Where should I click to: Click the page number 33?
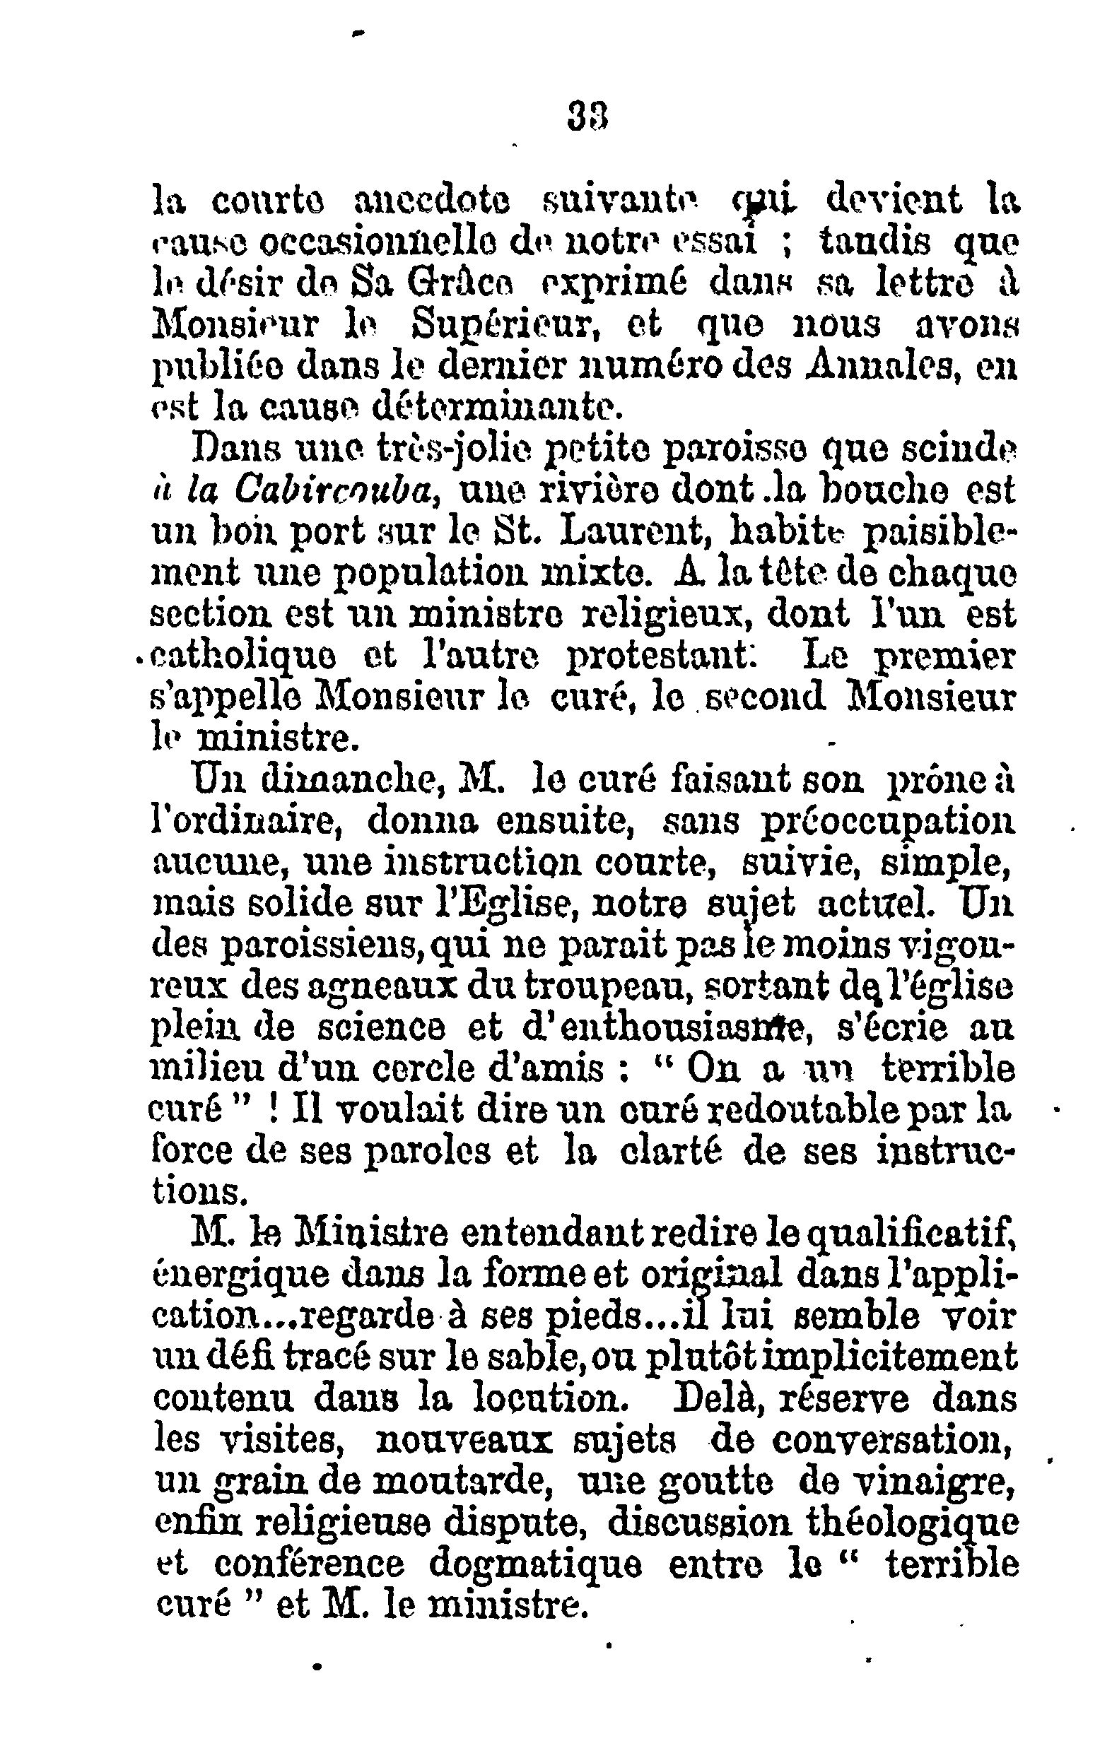pos(587,114)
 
